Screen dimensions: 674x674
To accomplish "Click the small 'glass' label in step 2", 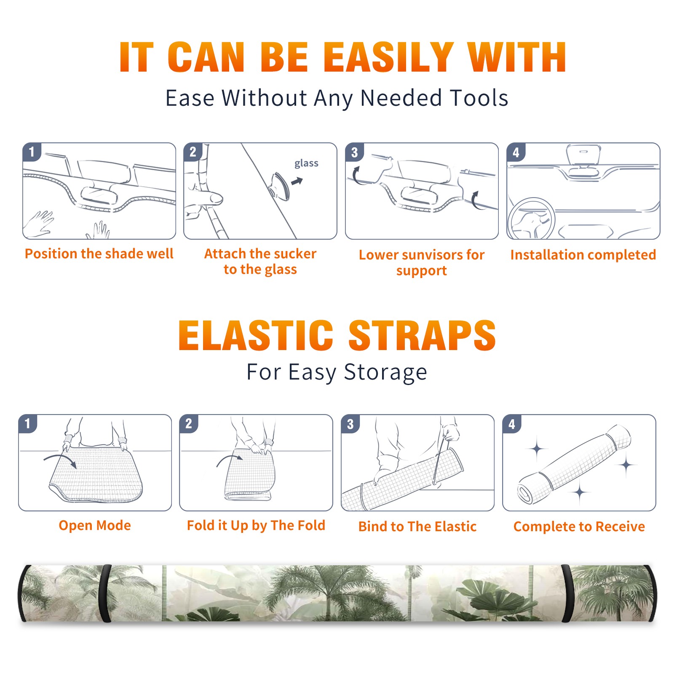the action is tap(306, 163).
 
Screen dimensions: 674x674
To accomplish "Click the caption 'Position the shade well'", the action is tap(99, 254).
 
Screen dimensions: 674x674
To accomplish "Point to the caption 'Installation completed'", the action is tap(583, 255).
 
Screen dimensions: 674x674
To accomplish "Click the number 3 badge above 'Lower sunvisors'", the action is tap(354, 152).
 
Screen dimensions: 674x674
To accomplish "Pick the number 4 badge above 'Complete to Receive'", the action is tap(512, 424).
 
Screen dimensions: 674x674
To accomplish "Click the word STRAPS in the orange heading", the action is tap(422, 335).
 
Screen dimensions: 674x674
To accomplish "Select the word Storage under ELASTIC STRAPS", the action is tap(385, 372).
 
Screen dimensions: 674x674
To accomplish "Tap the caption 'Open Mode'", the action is tap(95, 525).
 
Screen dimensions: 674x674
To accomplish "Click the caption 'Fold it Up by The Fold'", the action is tap(256, 525).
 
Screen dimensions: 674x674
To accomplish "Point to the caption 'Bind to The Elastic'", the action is tap(417, 527).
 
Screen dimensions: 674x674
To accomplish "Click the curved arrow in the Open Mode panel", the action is tap(61, 460).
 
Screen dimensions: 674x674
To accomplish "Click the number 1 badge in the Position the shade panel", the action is tap(32, 152).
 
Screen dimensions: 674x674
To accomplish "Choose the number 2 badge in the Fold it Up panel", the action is tap(189, 424).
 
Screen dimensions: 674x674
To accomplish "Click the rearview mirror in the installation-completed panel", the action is tap(583, 155).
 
